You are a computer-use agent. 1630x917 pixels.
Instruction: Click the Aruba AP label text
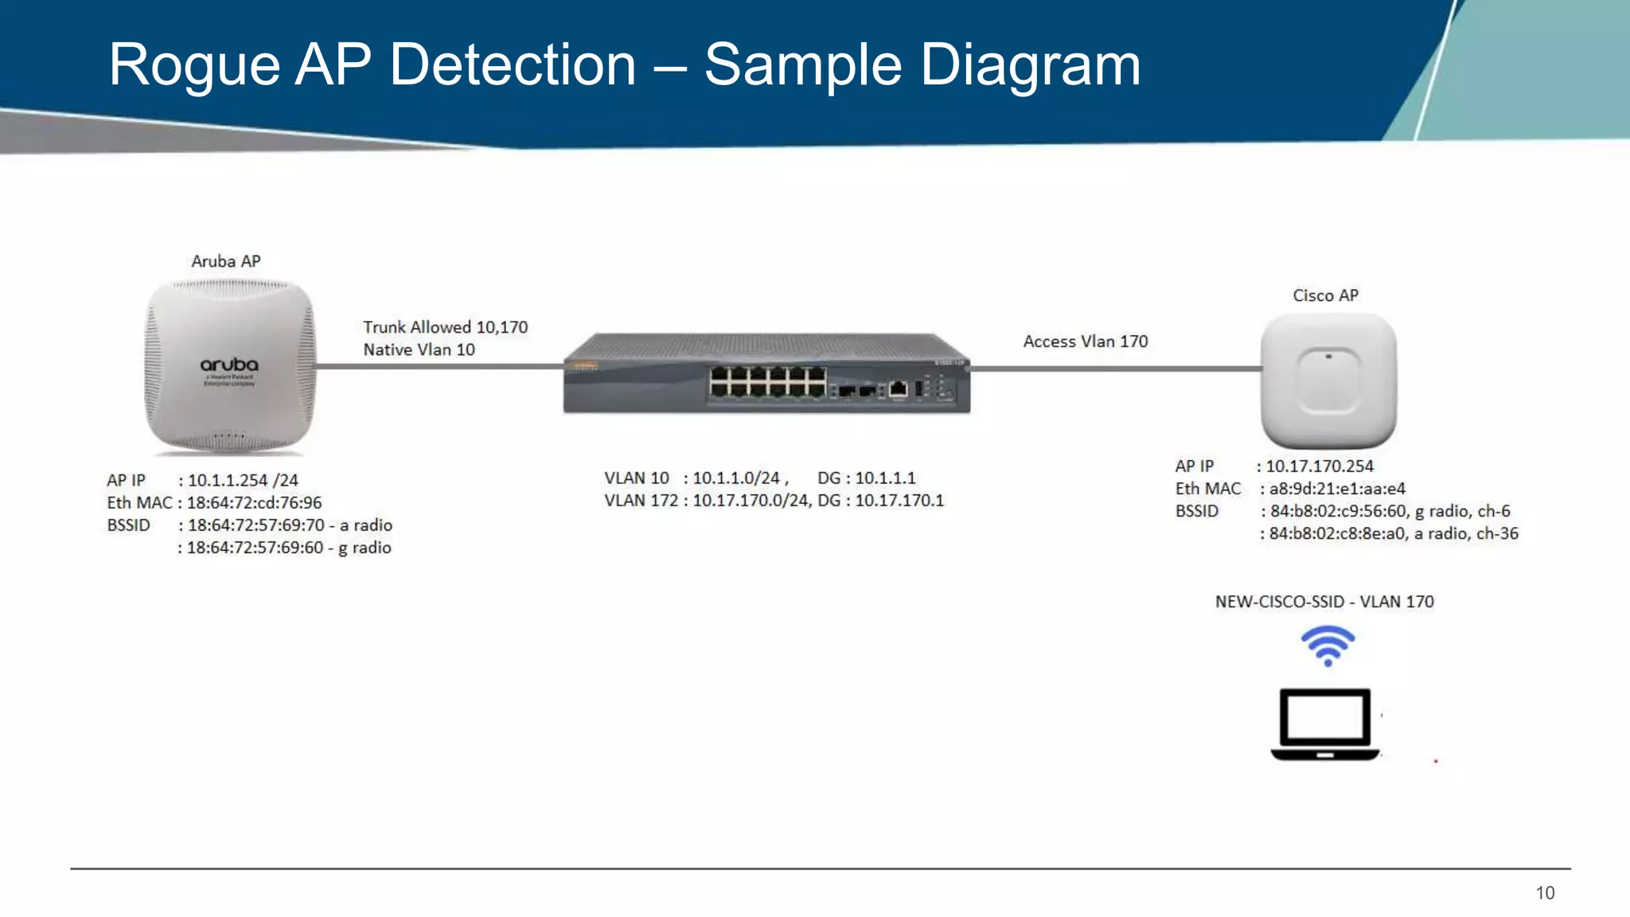226,261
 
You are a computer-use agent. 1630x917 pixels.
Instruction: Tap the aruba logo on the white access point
229,365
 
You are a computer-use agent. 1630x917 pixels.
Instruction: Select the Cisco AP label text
1325,295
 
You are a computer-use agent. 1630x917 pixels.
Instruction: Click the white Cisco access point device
1328,380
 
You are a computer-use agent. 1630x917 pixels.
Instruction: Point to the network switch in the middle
766,374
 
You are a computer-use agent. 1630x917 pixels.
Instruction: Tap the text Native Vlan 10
419,349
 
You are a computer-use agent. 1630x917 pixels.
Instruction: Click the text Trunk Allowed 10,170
445,327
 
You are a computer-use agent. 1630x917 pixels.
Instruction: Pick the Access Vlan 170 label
1085,341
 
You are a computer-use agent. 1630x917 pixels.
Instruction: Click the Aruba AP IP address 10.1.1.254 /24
243,480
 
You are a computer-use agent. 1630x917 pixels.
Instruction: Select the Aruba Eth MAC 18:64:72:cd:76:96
254,502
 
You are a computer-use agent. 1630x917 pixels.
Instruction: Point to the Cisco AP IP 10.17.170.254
1319,466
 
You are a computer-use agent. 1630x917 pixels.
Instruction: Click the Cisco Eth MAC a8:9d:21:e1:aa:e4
1336,489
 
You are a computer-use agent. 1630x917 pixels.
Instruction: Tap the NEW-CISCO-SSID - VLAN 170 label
1324,602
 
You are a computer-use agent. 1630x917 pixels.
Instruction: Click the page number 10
1545,893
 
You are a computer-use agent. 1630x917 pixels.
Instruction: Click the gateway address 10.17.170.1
899,501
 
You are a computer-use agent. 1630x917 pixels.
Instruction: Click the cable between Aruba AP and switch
438,367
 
